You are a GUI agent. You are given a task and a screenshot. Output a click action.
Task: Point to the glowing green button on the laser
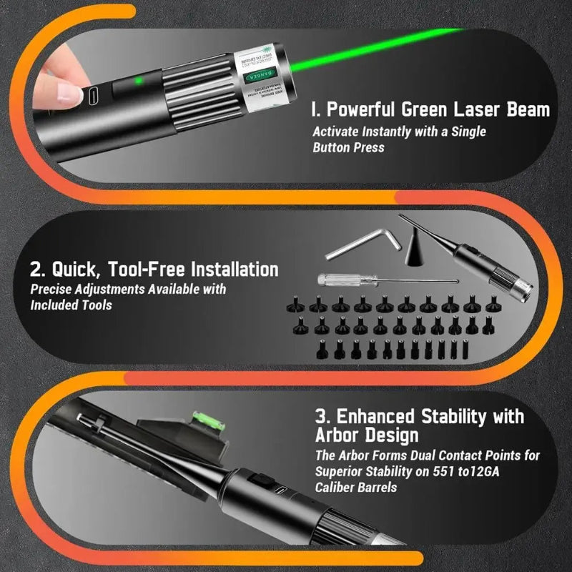[139, 81]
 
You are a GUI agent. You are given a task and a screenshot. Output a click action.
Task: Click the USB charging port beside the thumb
[97, 94]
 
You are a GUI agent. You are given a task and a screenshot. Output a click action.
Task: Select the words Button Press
[348, 147]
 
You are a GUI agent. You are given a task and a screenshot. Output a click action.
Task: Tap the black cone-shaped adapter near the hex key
[415, 250]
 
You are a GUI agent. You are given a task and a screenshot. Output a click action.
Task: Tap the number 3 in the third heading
[320, 416]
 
